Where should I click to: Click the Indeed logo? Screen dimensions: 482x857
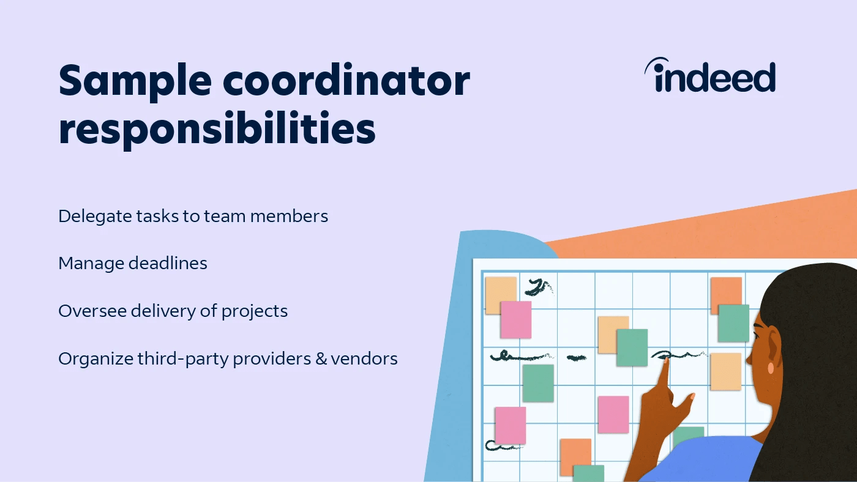710,77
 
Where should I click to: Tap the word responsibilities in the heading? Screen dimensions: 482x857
217,128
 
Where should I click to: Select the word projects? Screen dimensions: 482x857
254,311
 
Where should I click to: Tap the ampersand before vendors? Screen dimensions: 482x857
321,358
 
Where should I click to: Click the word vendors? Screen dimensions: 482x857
364,358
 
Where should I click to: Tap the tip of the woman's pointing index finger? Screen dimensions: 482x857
665,364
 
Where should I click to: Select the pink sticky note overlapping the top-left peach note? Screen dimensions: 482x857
515,319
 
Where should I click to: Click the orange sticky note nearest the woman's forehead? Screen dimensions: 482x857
725,294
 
